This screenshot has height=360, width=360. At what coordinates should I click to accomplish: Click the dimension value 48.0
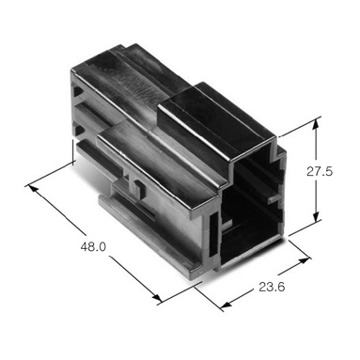(x=93, y=247)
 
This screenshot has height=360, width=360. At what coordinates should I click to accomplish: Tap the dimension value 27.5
(x=320, y=171)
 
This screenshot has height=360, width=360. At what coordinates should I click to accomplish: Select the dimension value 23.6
(x=272, y=287)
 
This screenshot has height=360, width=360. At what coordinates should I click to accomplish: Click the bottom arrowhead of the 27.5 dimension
(x=317, y=216)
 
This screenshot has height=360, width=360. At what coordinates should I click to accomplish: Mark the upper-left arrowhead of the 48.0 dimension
(x=33, y=189)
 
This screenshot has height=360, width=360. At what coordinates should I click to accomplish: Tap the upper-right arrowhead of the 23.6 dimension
(x=304, y=260)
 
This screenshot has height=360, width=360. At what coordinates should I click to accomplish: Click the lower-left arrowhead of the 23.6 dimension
(x=227, y=304)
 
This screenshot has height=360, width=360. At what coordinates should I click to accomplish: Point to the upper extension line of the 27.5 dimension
(x=300, y=127)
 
